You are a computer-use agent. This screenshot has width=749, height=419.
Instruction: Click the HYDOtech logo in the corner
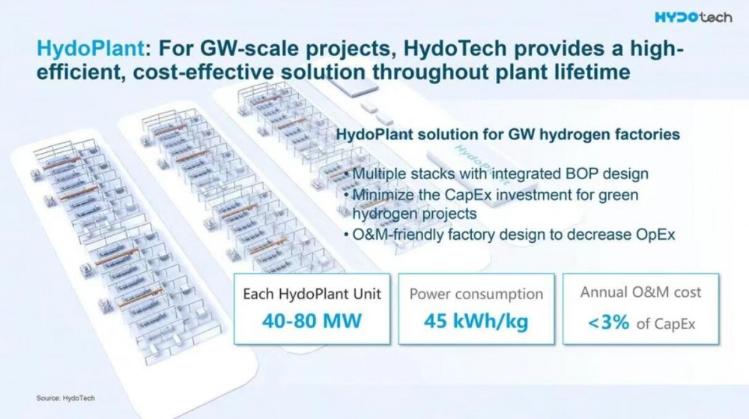tap(693, 17)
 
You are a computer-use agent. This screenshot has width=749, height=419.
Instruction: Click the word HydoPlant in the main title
tap(91, 48)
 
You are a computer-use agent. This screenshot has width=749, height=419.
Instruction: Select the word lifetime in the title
tap(592, 72)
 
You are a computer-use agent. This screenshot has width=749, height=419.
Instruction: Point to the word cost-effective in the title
tap(204, 72)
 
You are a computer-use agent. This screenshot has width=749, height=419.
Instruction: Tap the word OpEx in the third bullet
tap(655, 235)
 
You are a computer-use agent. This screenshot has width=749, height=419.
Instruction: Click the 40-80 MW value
tap(312, 320)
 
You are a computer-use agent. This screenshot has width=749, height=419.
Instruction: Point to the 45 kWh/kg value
tap(476, 322)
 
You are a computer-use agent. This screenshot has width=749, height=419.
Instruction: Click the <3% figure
tap(608, 322)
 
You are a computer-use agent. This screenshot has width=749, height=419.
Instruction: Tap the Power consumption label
tap(476, 294)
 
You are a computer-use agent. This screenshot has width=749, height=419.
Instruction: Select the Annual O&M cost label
tap(640, 292)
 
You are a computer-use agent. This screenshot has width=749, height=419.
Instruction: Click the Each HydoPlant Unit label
tap(312, 293)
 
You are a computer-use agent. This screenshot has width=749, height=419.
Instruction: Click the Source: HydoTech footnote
tap(65, 398)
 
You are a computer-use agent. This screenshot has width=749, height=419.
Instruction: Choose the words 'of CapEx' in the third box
tap(666, 324)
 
